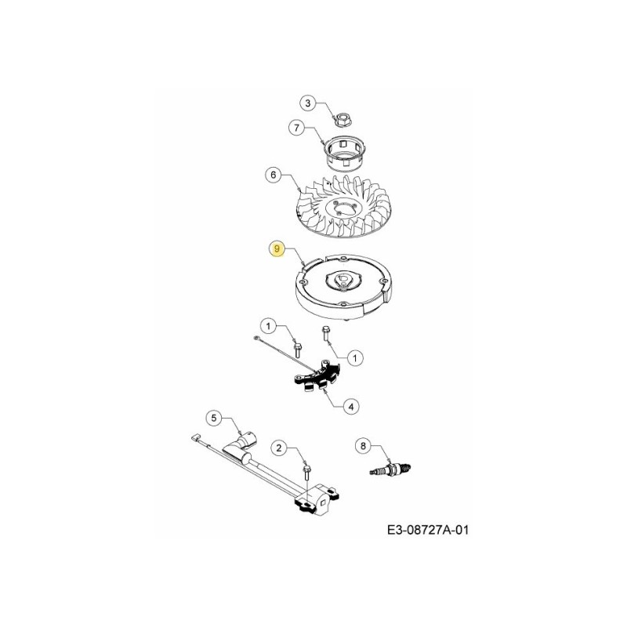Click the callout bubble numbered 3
pyautogui.click(x=308, y=103)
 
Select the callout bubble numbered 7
pyautogui.click(x=295, y=127)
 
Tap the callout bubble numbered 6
pyautogui.click(x=274, y=176)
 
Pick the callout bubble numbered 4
pyautogui.click(x=352, y=405)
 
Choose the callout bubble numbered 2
pyautogui.click(x=277, y=448)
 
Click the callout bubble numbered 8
pyautogui.click(x=361, y=446)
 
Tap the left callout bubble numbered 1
pyautogui.click(x=269, y=326)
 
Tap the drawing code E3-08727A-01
pyautogui.click(x=428, y=531)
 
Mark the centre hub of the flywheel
pyautogui.click(x=342, y=280)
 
